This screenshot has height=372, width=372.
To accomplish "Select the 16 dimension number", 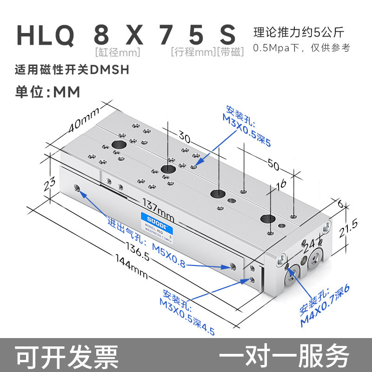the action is pos(281,185).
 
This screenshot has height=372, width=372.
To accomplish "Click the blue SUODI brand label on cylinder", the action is pos(155,217).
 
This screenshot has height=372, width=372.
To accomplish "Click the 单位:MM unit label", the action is pos(48,92).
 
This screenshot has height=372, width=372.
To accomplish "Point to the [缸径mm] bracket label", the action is pos(117,52).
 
